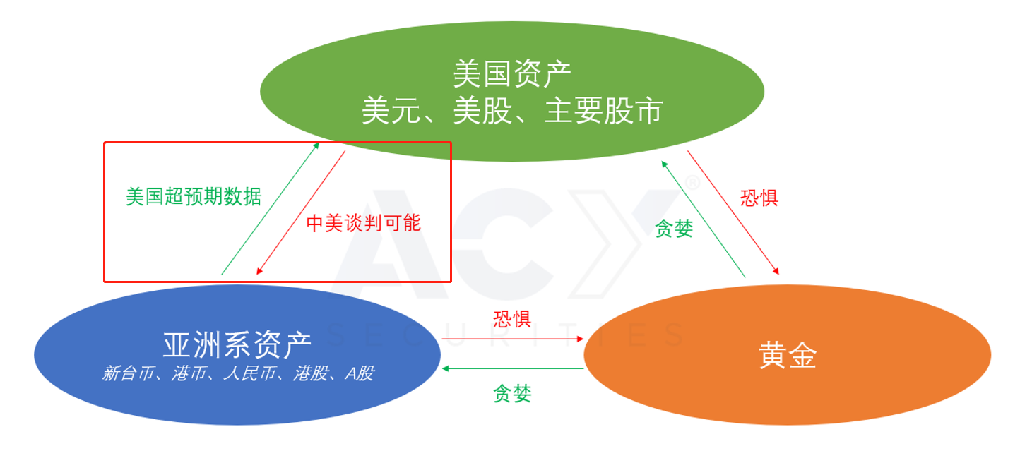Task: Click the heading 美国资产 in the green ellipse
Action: [512, 73]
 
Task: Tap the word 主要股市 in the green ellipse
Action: [603, 111]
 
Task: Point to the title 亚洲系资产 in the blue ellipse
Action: [237, 345]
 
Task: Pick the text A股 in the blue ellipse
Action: [359, 374]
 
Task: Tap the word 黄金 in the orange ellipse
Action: [788, 356]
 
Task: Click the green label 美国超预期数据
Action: [194, 196]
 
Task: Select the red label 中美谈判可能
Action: [364, 223]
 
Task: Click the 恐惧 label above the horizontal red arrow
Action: [512, 318]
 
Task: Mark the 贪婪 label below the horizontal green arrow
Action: [512, 393]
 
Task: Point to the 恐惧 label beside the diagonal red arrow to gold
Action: [759, 197]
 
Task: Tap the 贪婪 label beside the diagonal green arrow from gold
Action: [674, 229]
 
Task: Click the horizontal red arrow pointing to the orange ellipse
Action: [513, 339]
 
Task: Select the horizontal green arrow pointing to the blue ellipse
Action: [513, 368]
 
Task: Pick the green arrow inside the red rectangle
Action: [270, 209]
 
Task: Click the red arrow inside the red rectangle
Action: [301, 212]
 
